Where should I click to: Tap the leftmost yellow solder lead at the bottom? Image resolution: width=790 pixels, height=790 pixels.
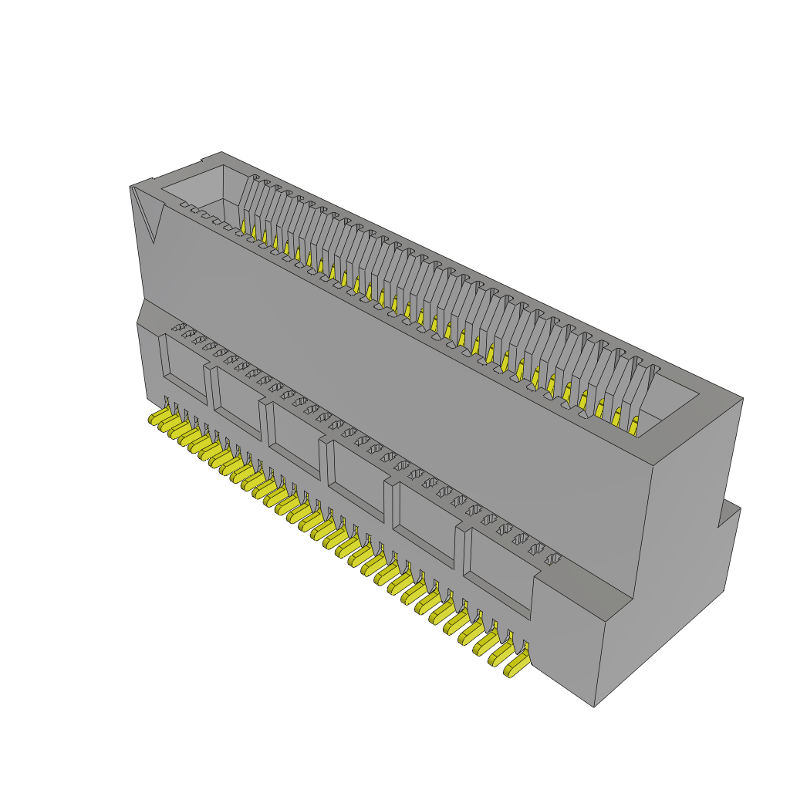[x=159, y=419]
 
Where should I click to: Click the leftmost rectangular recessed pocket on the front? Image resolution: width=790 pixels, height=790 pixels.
[x=183, y=367]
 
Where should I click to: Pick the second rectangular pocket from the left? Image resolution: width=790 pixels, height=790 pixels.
[x=238, y=398]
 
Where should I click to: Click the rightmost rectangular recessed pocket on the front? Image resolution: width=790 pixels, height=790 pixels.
[x=498, y=572]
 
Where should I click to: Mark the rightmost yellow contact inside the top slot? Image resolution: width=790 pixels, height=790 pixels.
[x=634, y=427]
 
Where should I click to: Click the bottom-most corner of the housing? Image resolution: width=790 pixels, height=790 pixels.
[x=593, y=706]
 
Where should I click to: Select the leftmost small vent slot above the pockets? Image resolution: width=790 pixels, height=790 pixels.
[x=178, y=328]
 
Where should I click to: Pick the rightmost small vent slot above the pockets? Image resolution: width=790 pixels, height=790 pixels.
[x=552, y=559]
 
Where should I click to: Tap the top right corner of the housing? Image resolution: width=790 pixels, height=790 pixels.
[x=742, y=399]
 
